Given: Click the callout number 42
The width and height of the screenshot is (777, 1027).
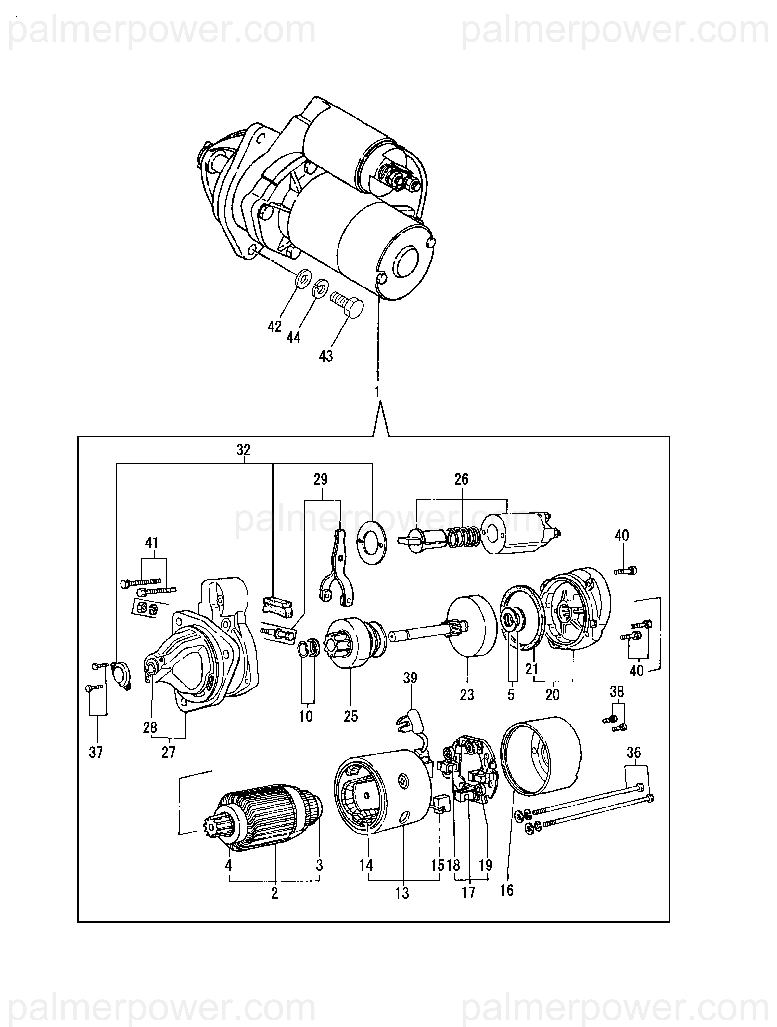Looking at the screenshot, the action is point(274,327).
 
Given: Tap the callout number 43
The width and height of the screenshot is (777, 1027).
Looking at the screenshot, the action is point(325,356).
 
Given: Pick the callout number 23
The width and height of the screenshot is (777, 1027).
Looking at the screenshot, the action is point(467,695).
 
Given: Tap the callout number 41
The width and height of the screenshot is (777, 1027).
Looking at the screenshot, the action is point(152,542).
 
